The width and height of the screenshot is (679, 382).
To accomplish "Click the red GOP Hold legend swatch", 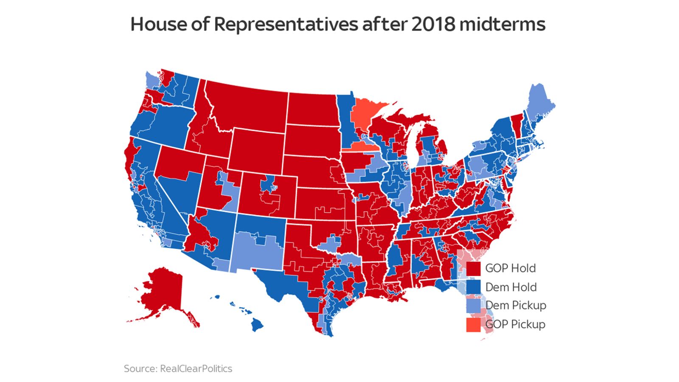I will (x=473, y=268).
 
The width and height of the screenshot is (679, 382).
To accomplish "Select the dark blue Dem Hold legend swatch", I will (x=473, y=287).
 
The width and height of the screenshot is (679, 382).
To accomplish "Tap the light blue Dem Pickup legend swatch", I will (x=473, y=306).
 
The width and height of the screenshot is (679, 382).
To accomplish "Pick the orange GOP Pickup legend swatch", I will (x=473, y=325).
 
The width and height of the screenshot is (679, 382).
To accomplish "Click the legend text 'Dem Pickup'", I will (x=516, y=306).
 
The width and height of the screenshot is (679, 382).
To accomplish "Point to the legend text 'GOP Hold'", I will (x=511, y=268).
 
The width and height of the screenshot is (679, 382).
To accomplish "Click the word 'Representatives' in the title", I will (x=286, y=24).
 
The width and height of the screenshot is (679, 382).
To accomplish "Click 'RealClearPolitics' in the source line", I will (x=196, y=368).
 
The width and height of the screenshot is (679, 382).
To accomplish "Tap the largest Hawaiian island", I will (x=256, y=325).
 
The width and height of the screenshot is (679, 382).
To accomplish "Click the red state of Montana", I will (x=250, y=106).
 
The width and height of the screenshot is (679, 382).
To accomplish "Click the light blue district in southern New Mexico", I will (x=255, y=255).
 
